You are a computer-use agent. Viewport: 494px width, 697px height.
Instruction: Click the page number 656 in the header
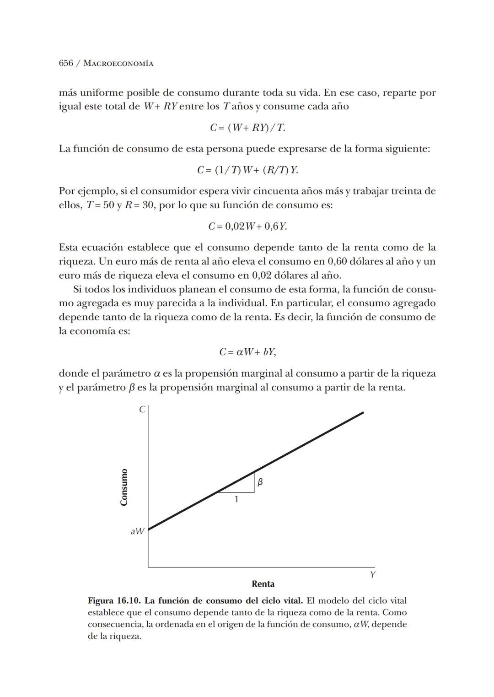pyautogui.click(x=66, y=64)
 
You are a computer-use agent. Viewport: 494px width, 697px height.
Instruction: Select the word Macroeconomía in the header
pyautogui.click(x=118, y=64)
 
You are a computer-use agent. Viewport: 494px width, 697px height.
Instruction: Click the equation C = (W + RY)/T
pyautogui.click(x=247, y=128)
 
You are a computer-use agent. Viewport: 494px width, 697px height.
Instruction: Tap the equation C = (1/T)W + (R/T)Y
pyautogui.click(x=247, y=170)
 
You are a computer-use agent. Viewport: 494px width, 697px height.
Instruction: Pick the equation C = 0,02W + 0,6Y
pyautogui.click(x=247, y=227)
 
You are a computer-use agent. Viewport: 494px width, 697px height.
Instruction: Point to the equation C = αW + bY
pyautogui.click(x=247, y=352)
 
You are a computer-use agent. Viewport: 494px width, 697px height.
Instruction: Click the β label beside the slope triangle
pyautogui.click(x=260, y=482)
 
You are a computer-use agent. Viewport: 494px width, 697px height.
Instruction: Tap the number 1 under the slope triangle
pyautogui.click(x=236, y=499)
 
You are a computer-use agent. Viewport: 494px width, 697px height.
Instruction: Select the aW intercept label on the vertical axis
pyautogui.click(x=137, y=531)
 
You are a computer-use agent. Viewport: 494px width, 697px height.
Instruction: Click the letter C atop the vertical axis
pyautogui.click(x=142, y=410)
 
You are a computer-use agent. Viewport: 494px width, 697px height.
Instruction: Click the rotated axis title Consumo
pyautogui.click(x=123, y=487)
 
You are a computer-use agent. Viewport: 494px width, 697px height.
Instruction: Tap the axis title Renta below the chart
pyautogui.click(x=263, y=584)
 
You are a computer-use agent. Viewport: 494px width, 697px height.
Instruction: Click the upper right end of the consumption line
pyautogui.click(x=363, y=412)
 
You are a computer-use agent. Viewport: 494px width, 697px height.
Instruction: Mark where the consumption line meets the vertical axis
pyautogui.click(x=148, y=530)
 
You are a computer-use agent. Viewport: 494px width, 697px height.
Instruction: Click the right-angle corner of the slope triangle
pyautogui.click(x=254, y=492)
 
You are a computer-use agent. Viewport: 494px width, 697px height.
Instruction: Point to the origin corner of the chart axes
pyautogui.click(x=148, y=567)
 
